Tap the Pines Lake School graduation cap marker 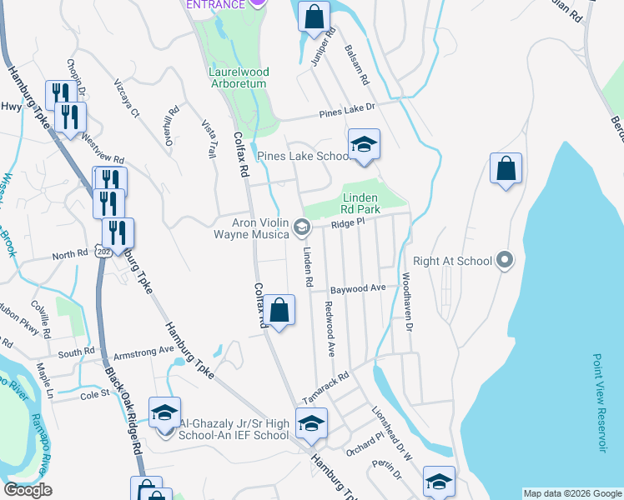click(x=364, y=146)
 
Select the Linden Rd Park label click(x=365, y=203)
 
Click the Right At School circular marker click(x=504, y=261)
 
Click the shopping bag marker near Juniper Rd click(x=314, y=17)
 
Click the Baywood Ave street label click(x=357, y=289)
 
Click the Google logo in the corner click(x=28, y=490)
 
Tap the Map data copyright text click(x=571, y=493)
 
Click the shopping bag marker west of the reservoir click(x=506, y=169)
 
